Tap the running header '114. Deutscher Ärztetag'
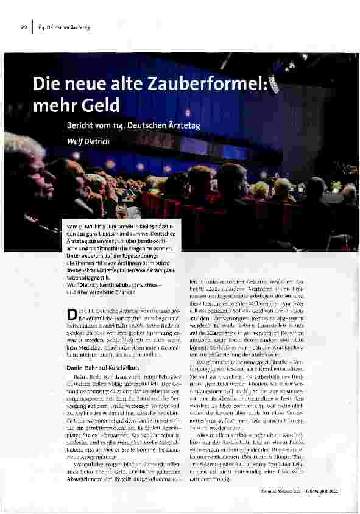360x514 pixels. point(64,27)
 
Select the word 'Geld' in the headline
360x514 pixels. point(101,105)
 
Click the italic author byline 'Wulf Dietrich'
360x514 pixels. point(87,141)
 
